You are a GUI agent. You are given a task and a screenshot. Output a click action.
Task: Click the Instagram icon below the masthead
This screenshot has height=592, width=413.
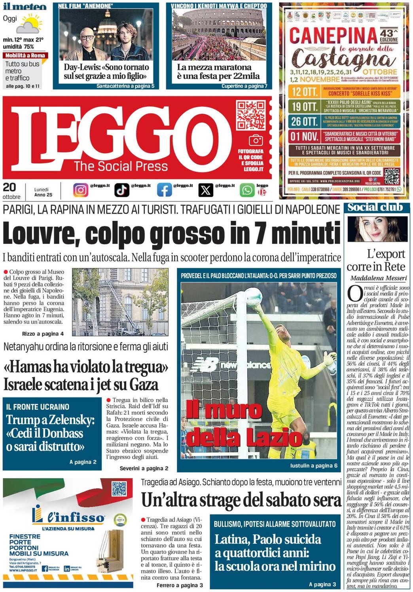click(x=80, y=190)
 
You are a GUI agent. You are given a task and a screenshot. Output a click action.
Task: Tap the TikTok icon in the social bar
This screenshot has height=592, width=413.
click(x=121, y=190)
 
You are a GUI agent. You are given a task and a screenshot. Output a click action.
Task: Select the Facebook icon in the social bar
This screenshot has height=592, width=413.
click(x=164, y=190)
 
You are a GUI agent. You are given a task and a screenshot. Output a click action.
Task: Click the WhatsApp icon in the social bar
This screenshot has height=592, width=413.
click(x=247, y=190)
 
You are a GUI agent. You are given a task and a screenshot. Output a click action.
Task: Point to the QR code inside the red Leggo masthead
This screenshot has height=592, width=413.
click(x=251, y=115)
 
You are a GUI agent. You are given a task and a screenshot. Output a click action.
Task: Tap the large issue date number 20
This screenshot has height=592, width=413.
click(x=9, y=187)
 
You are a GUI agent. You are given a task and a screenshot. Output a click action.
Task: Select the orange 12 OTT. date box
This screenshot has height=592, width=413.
click(x=304, y=92)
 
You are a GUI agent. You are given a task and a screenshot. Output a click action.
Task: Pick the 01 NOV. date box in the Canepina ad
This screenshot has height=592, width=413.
click(x=304, y=137)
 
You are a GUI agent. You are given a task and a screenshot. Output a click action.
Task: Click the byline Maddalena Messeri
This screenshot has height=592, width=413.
click(x=378, y=278)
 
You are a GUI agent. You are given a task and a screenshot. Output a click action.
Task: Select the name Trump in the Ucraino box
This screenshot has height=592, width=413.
click(x=23, y=420)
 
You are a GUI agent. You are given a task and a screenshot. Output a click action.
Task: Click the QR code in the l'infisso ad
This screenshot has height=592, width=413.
click(x=119, y=489)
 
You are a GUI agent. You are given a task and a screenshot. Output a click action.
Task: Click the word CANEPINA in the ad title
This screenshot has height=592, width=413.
click(x=333, y=36)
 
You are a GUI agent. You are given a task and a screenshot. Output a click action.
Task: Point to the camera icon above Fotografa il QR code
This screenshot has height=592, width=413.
click(x=255, y=140)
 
